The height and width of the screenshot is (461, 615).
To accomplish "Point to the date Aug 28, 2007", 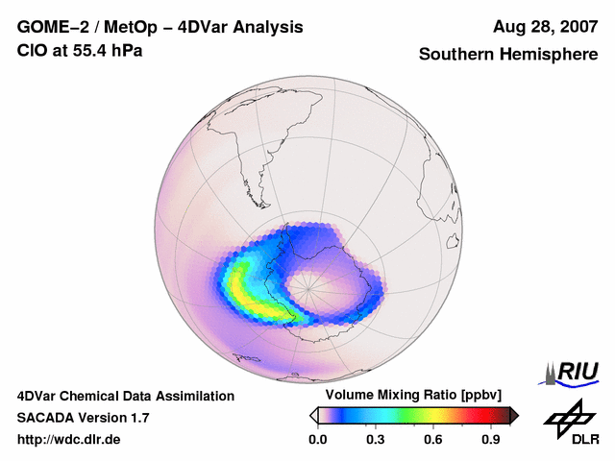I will tap(545, 27).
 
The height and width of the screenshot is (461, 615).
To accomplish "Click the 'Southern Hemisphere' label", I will tap(507, 55).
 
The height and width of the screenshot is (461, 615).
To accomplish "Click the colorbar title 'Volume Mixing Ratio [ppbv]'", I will tap(410, 396).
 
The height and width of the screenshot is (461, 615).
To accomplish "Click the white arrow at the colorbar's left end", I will tap(313, 415).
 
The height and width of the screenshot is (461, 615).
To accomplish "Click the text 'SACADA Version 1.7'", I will tap(83, 418).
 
